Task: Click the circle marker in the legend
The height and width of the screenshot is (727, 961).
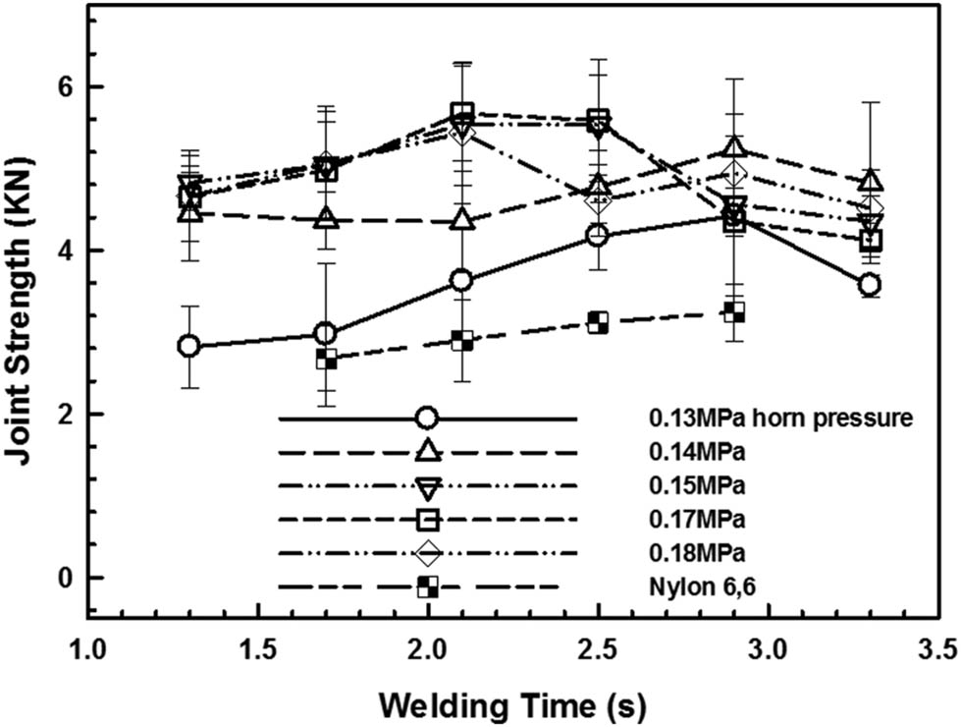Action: pos(426,419)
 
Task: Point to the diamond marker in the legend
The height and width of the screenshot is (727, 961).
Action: pos(426,553)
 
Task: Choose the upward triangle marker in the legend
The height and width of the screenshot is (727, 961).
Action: pos(426,452)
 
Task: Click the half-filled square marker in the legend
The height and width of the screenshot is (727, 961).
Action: pos(426,587)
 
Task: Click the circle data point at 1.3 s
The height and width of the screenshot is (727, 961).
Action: pos(189,346)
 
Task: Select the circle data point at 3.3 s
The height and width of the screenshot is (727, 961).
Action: pos(869,285)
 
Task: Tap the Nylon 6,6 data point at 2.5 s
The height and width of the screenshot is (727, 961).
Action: pos(598,322)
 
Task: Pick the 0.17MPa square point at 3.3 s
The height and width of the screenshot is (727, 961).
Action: pos(869,240)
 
